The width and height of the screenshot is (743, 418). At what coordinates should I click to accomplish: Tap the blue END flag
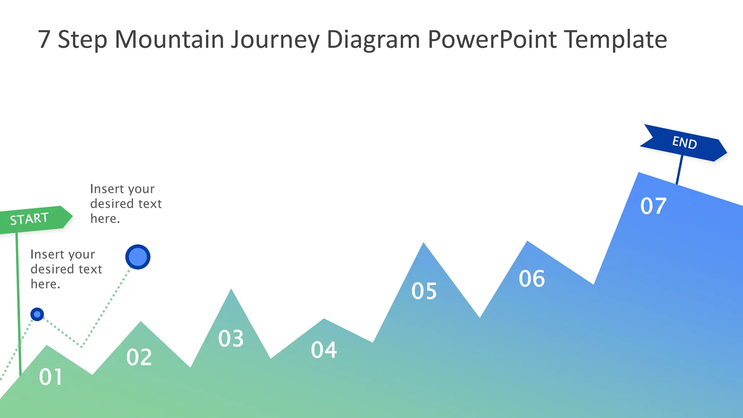[684, 143]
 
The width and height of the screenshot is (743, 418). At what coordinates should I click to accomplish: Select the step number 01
[51, 377]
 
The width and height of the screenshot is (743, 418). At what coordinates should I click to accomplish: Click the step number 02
[139, 357]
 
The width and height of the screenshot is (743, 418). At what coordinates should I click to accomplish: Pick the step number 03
[231, 339]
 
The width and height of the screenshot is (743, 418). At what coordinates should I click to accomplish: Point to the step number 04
[324, 350]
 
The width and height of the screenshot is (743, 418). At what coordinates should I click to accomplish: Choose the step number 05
[424, 291]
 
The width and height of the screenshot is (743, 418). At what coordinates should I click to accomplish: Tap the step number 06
[531, 279]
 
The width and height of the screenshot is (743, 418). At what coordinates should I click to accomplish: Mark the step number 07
[653, 206]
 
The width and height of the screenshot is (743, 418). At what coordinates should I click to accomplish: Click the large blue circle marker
[138, 257]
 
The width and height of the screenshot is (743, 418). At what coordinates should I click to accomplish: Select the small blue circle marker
[37, 314]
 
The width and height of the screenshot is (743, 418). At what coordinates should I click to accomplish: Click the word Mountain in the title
[169, 39]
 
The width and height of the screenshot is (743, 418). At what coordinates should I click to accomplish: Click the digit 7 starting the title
[44, 39]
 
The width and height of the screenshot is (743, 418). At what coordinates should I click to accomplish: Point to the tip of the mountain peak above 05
[423, 243]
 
